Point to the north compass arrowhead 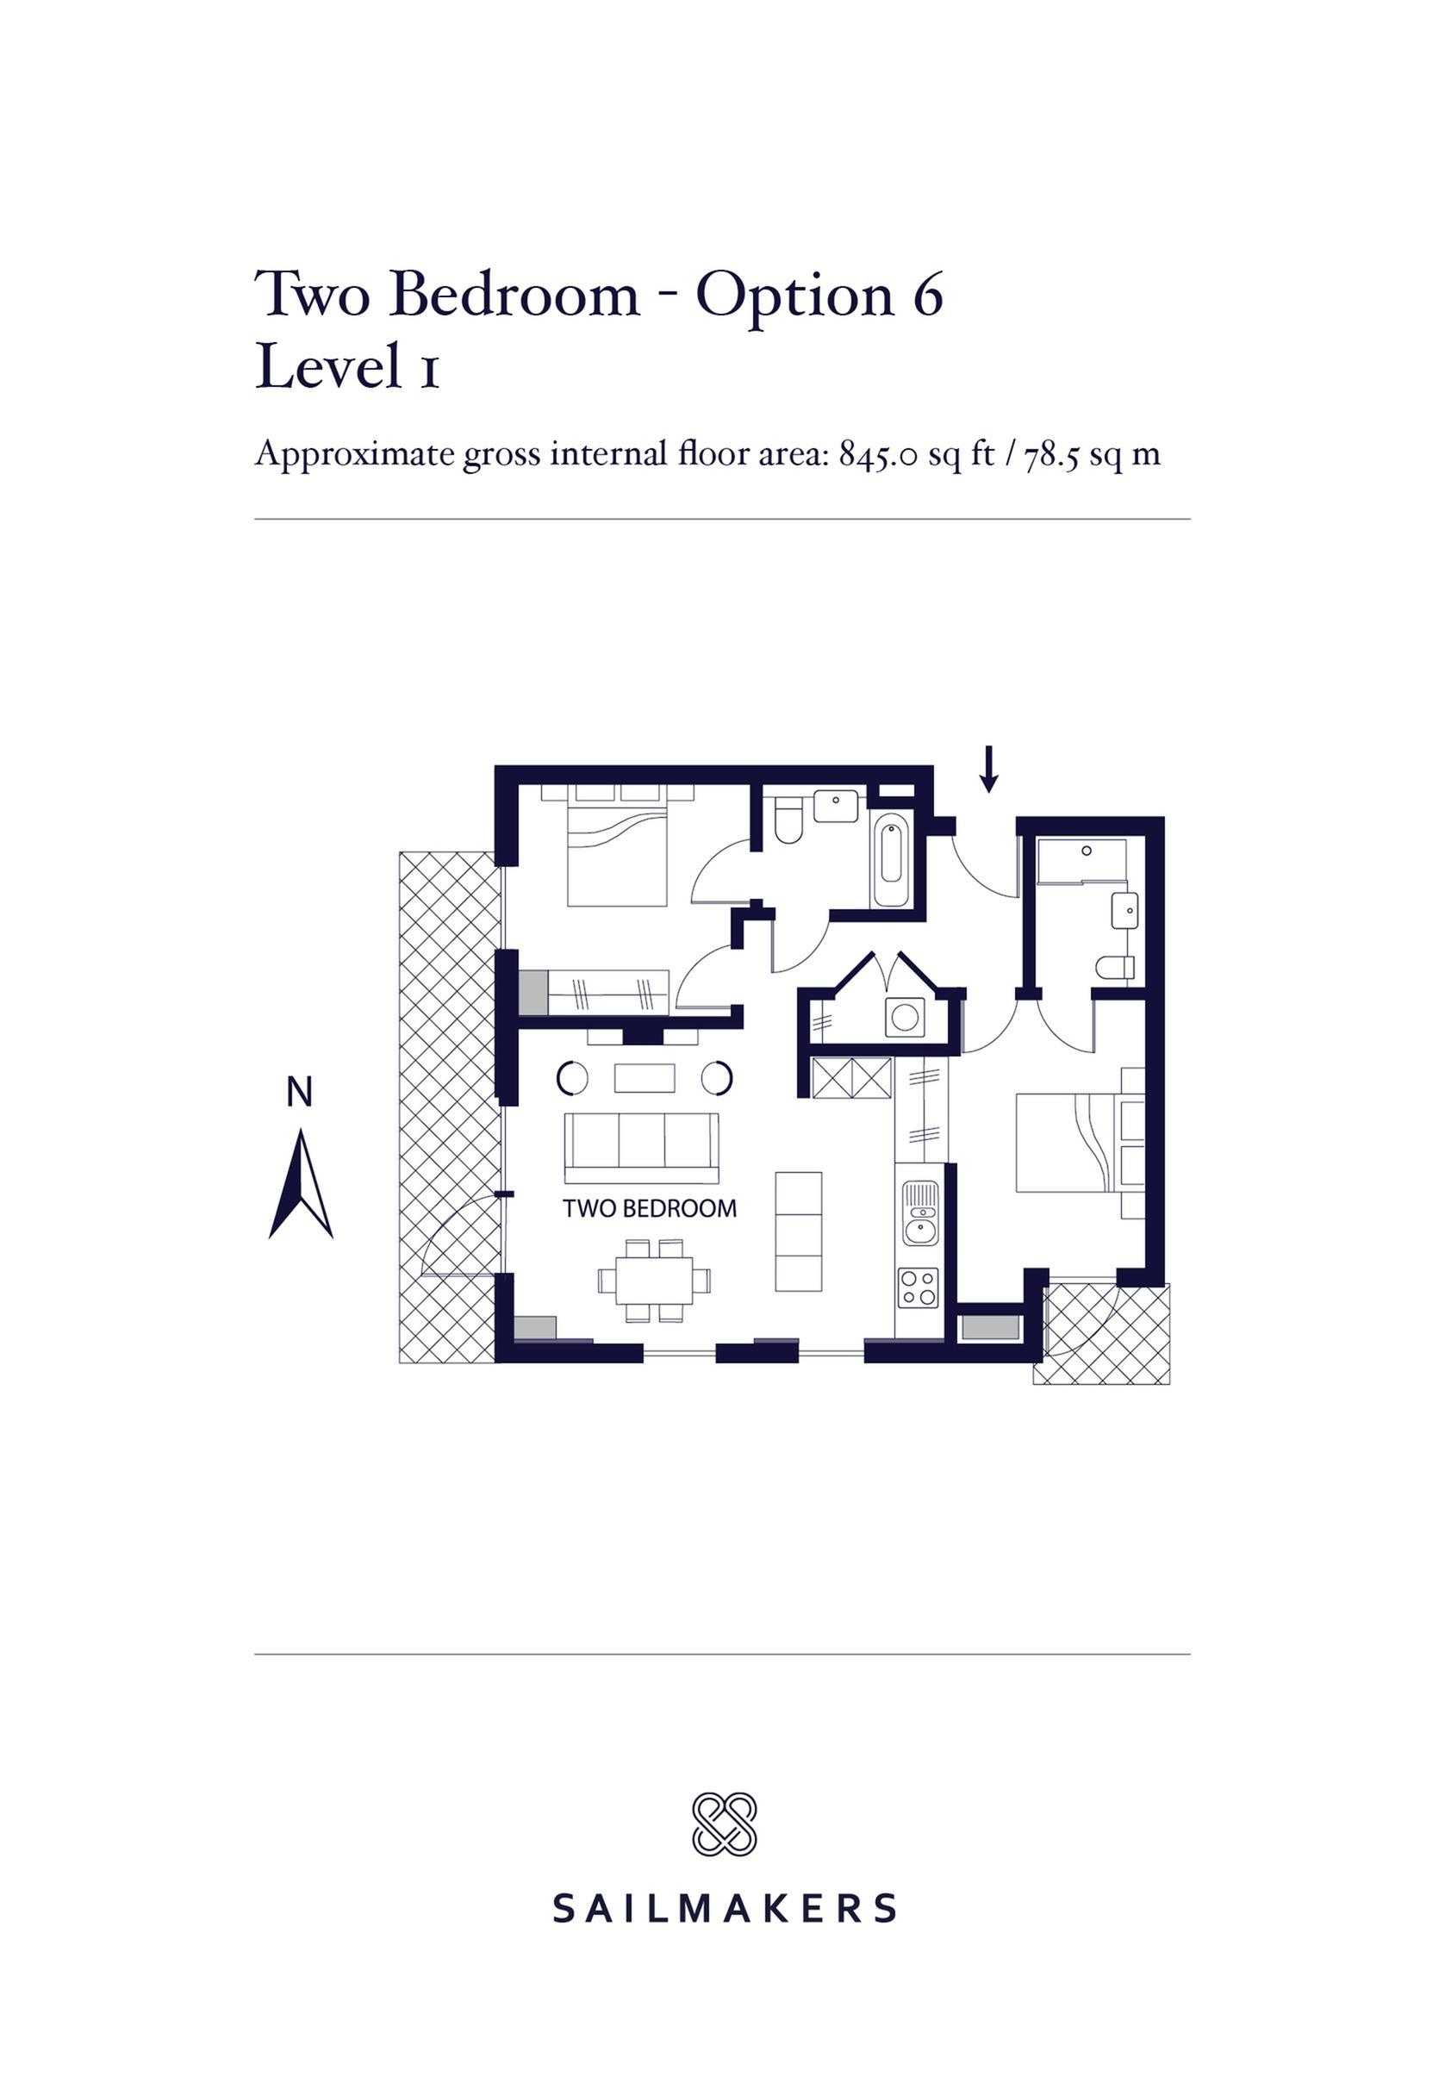301,1183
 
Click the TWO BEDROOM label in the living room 649,1208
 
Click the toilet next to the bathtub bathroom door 788,820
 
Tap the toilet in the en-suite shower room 1115,968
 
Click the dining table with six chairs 654,1281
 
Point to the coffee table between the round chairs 644,1078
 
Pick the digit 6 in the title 927,295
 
